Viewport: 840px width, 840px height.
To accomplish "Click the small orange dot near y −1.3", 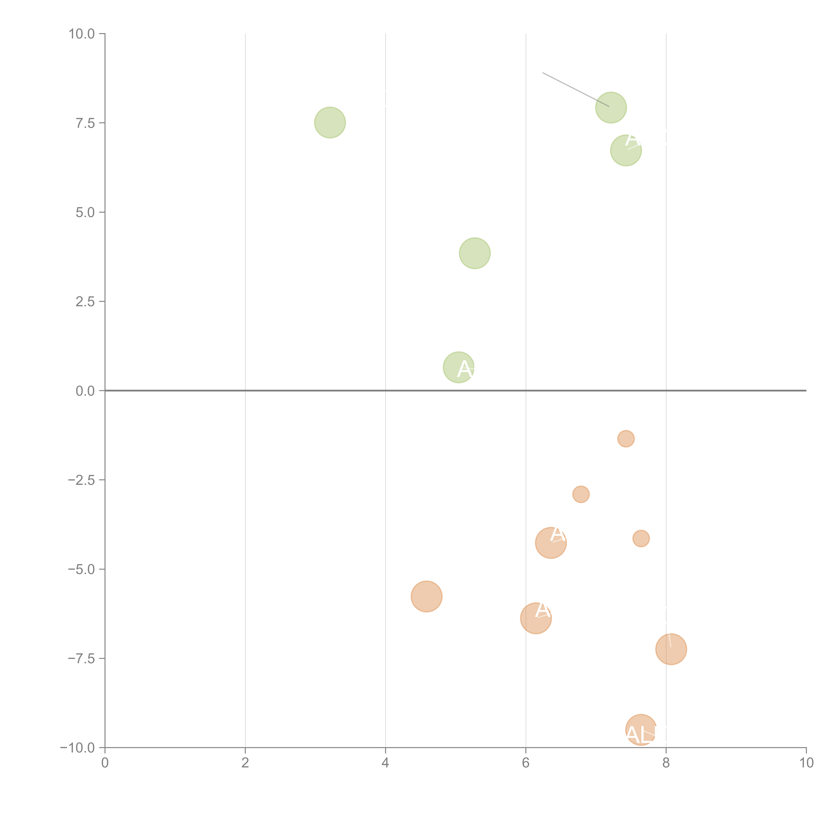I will coord(626,439).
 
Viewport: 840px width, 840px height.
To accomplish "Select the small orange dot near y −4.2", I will coord(641,539).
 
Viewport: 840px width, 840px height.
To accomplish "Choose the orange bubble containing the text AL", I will coord(641,730).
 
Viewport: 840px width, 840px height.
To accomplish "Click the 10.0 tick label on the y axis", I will coord(82,34).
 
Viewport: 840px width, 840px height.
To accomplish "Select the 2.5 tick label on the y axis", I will coord(85,302).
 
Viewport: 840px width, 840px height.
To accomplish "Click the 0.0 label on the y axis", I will coord(85,391).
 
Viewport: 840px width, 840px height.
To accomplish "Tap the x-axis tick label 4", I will coord(385,763).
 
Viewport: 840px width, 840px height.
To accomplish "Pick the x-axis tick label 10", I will coord(806,763).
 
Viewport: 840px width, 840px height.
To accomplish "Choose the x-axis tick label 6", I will coord(526,763).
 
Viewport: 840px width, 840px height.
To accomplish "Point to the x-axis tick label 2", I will coord(245,763).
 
